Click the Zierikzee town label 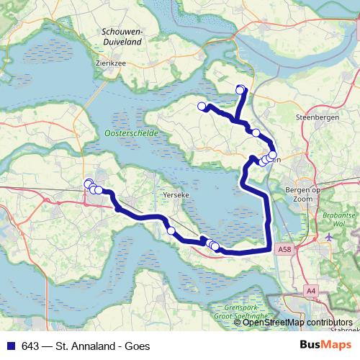point(110,63)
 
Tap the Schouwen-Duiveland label point(122,37)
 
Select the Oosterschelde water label point(125,133)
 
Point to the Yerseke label point(176,195)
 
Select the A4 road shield point(311,290)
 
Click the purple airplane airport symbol point(330,237)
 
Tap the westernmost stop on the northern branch point(202,107)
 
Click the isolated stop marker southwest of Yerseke point(171,230)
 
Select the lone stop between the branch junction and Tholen point(256,132)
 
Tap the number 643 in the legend point(30,346)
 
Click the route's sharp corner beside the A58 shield point(269,248)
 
